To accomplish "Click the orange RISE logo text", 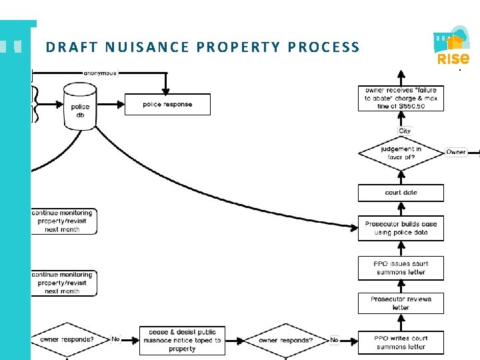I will tap(453, 59).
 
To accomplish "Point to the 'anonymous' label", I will tap(100, 73).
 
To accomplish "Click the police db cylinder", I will tap(80, 107).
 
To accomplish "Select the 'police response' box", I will tap(167, 105).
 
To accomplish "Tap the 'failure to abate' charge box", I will tap(401, 98).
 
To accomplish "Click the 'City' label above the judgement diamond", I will tap(405, 131).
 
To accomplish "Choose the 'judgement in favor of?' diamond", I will tap(401, 153).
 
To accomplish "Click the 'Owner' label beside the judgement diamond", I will tap(456, 152).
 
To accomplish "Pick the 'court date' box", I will tap(401, 193).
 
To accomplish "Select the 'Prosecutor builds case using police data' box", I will tap(401, 228).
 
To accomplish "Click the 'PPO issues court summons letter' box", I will tap(401, 267).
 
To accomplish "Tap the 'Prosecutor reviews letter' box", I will tap(401, 303).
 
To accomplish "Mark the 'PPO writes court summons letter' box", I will tap(401, 342).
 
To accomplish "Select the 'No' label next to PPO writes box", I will tap(334, 340).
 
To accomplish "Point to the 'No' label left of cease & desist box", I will tap(115, 339).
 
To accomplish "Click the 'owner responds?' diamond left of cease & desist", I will tap(67, 339).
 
